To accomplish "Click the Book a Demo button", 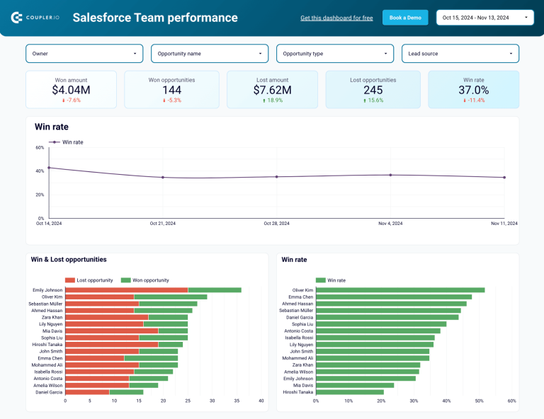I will tap(405, 18).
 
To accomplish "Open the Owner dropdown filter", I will tap(84, 54).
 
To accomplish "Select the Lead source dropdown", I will tap(460, 54).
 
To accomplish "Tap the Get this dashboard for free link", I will tap(336, 18).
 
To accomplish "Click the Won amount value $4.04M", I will tap(71, 90).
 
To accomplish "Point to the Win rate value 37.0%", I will tap(473, 90).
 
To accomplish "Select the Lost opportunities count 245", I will tap(373, 90).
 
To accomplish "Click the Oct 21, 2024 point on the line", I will tap(163, 178).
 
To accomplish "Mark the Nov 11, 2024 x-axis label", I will tap(504, 224).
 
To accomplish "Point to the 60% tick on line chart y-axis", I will tap(40, 147).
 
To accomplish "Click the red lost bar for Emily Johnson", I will tap(126, 289).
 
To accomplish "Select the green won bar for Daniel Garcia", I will tap(126, 391).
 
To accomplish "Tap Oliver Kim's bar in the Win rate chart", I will tap(400, 289).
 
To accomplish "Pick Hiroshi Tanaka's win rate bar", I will tap(350, 391).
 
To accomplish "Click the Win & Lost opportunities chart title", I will tap(69, 260).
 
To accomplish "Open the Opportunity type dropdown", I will tap(334, 54).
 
